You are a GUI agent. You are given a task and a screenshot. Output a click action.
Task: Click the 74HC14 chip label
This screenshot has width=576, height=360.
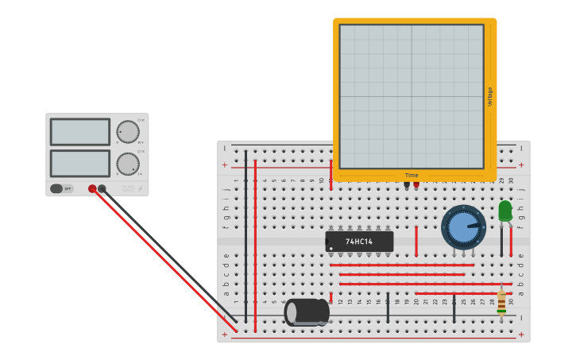click(359, 241)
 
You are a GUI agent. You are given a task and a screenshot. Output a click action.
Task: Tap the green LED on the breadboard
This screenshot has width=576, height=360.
click(505, 211)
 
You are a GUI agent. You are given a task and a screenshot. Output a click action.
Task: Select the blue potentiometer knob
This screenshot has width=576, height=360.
click(462, 227)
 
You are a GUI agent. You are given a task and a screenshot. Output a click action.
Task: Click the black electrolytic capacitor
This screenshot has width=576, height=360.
click(307, 312)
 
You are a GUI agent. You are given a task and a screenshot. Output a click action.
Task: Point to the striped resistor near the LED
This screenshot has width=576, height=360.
click(501, 301)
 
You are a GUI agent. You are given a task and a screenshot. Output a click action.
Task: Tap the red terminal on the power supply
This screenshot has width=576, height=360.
click(92, 188)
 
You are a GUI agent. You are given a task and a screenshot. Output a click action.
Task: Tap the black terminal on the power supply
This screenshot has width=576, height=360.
click(102, 188)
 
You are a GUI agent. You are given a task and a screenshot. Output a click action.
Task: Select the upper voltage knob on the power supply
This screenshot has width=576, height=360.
click(127, 131)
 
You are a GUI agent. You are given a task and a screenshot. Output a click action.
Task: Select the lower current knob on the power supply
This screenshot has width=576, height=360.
click(127, 164)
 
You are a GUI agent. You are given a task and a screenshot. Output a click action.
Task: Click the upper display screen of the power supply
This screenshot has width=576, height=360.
click(79, 132)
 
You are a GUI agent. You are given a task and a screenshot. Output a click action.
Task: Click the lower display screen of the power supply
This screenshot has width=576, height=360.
click(79, 164)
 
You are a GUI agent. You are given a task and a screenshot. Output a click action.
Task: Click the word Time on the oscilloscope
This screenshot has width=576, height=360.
click(412, 176)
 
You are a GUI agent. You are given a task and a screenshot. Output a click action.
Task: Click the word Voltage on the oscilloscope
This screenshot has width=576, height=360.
click(490, 96)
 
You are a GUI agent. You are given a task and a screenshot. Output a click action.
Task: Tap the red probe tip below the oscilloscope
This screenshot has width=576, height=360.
click(416, 184)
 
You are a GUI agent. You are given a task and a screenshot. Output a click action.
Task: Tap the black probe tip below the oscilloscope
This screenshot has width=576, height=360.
click(407, 184)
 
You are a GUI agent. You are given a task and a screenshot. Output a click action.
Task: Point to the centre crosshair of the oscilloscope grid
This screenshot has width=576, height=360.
click(412, 96)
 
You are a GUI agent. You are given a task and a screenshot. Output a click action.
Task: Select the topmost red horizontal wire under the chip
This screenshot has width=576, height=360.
click(401, 265)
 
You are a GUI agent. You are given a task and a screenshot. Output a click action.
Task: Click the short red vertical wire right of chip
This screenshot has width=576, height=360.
click(416, 241)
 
